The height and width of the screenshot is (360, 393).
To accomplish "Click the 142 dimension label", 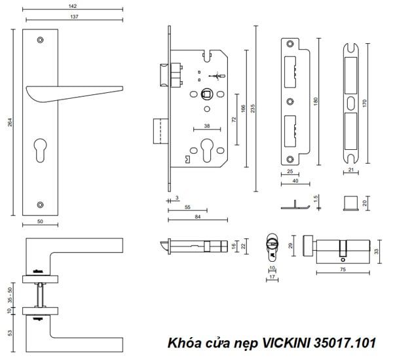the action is [x=73, y=6].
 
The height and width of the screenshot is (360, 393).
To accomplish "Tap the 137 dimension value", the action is [x=74, y=16].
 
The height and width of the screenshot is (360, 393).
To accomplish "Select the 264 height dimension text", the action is [x=10, y=122].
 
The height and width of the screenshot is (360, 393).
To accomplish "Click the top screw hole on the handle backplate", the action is [x=40, y=40].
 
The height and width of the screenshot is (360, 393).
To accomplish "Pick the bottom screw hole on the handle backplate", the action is [x=40, y=205].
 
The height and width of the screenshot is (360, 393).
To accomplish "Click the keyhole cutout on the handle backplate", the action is [x=40, y=150].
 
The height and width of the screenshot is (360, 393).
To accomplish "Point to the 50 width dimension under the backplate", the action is [x=40, y=221].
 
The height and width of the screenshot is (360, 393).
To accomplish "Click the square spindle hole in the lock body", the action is [x=207, y=94].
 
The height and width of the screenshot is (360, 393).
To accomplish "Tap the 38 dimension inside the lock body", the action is [x=207, y=126].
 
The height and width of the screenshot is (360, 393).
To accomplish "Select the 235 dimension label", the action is [x=253, y=109].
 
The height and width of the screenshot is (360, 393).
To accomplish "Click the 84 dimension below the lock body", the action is [x=198, y=217].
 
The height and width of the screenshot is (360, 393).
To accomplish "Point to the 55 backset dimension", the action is [x=187, y=207].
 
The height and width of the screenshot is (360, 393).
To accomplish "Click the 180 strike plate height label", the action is [x=316, y=101].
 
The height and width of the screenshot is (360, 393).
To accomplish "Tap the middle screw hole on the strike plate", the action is [x=290, y=101].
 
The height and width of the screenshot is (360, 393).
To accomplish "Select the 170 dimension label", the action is [x=364, y=103].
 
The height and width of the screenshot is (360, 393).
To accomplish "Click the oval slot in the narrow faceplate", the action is [x=351, y=103].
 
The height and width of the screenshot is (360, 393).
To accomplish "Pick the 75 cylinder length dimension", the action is [x=343, y=269].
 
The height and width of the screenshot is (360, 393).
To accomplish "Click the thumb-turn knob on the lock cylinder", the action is [x=308, y=245].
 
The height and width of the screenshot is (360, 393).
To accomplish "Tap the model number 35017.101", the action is [x=345, y=343].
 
